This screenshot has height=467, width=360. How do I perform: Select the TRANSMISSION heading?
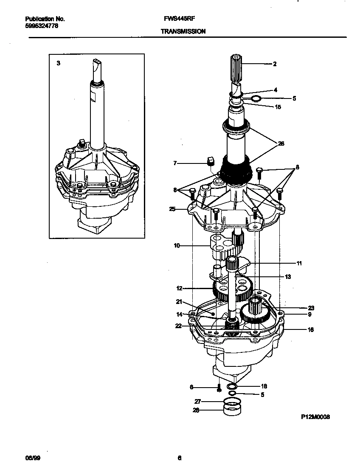click(183, 31)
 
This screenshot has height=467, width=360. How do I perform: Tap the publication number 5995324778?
click(42, 26)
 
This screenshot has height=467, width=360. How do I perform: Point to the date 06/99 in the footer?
click(33, 458)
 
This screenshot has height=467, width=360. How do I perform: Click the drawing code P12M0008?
click(315, 417)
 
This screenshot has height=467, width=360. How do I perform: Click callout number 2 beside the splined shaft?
click(275, 64)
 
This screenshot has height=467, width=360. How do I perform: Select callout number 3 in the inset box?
click(59, 63)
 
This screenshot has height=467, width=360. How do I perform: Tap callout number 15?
click(278, 107)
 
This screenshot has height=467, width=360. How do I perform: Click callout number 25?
click(172, 209)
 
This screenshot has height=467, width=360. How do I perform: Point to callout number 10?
click(177, 245)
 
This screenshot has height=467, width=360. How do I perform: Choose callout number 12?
click(179, 288)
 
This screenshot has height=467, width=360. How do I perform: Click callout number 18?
click(264, 386)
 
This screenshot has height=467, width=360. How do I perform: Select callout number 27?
click(197, 401)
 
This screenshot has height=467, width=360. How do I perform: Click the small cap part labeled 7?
click(209, 161)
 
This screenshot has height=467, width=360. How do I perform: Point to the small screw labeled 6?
click(219, 387)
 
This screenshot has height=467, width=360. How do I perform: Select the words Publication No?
click(45, 19)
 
